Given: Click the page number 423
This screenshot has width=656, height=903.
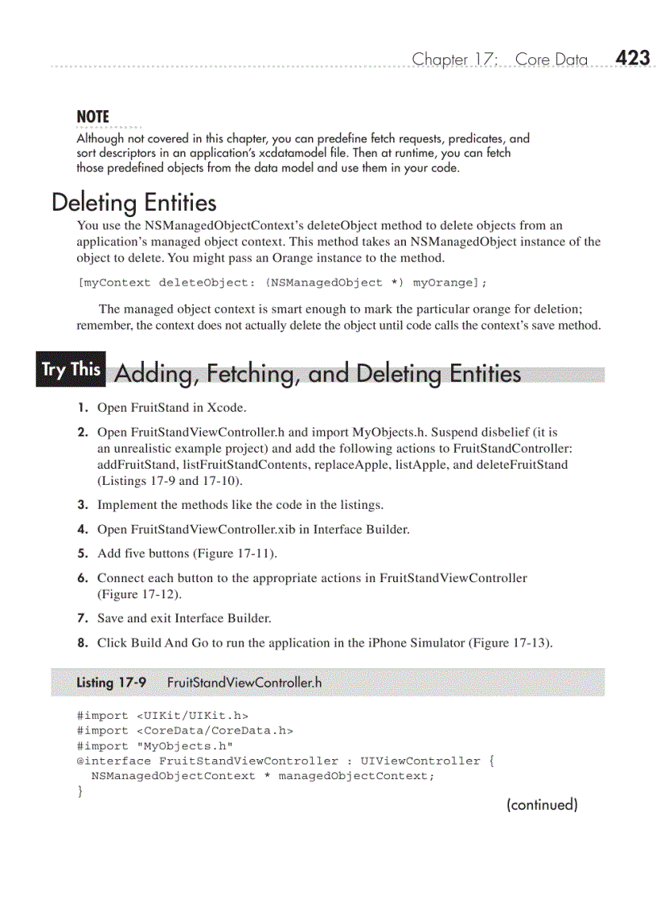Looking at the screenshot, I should (x=632, y=58).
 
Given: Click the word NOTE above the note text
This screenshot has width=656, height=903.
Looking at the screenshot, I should (x=92, y=117).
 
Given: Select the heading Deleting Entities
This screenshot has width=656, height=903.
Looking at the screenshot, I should (x=133, y=201).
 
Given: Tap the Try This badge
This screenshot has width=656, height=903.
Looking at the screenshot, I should (x=71, y=370).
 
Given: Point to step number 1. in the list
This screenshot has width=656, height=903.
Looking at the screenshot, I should (x=83, y=408).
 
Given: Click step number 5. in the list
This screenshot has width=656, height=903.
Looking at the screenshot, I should (x=83, y=553).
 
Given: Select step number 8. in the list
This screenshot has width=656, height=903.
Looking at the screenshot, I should (x=83, y=642).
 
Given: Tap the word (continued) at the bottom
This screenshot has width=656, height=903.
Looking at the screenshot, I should (x=541, y=804).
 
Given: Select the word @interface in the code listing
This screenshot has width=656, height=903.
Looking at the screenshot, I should (x=113, y=761).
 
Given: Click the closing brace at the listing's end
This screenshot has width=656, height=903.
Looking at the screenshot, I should (x=80, y=792).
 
